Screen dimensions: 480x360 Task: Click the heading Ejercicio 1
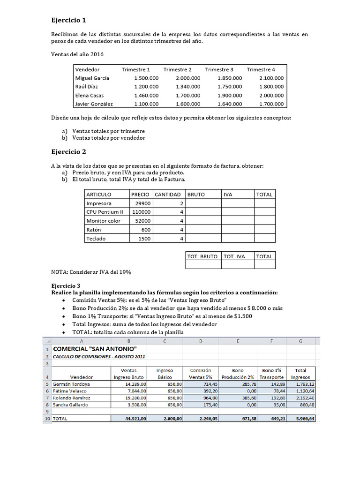(68, 20)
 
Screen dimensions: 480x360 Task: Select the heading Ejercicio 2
(68, 152)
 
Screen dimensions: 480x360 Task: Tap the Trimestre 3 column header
(219, 69)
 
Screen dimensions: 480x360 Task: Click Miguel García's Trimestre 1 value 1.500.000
(146, 78)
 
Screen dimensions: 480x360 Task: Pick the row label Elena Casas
(90, 95)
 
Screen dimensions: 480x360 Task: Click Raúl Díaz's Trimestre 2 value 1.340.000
(188, 87)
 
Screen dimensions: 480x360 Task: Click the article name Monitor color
(103, 221)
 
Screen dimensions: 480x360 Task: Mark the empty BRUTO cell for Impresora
(203, 203)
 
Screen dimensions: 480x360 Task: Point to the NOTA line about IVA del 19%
(90, 272)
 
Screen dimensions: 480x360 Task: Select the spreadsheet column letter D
(201, 341)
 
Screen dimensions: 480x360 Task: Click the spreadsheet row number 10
(46, 419)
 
